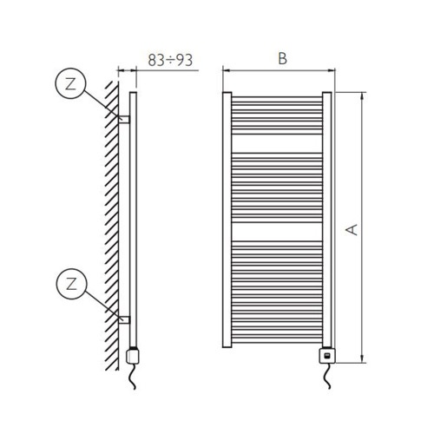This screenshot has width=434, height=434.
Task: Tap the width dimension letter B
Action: [x=282, y=59]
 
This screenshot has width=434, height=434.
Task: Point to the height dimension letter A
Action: [x=352, y=229]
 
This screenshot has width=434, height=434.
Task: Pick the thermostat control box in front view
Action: [x=326, y=354]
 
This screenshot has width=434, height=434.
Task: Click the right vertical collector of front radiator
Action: [x=326, y=217]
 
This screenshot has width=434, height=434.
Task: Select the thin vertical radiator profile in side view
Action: [x=133, y=217]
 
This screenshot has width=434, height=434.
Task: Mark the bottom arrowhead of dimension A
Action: [x=362, y=358]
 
